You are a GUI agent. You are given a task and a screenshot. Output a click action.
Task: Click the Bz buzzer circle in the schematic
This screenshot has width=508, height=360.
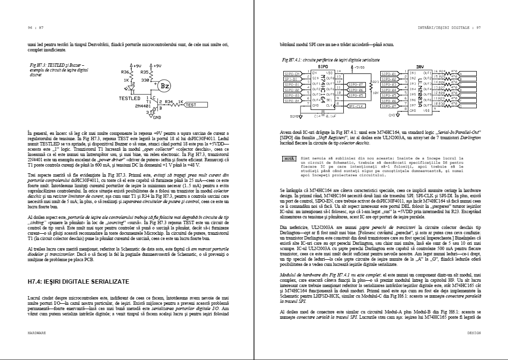[164, 86]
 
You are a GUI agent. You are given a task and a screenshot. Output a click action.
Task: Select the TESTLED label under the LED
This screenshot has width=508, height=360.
[130, 98]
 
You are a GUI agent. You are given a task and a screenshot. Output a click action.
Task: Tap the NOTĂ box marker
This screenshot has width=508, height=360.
[289, 158]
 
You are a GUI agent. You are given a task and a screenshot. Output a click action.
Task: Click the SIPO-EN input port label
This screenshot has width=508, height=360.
[293, 73]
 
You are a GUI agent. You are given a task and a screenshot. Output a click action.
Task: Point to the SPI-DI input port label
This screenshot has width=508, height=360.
[293, 79]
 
